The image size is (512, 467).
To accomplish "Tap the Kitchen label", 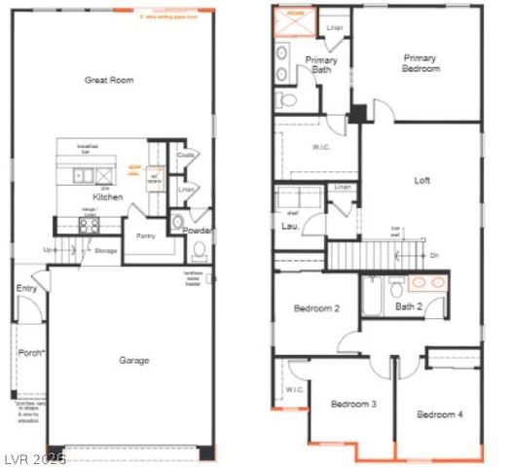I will (x=107, y=198).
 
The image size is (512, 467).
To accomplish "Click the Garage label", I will (x=134, y=361).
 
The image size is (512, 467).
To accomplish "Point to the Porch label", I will (x=31, y=353).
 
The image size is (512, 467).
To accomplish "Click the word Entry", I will (x=26, y=289).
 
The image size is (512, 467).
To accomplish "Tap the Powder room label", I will (x=198, y=231).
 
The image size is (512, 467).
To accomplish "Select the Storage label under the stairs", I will (x=106, y=251).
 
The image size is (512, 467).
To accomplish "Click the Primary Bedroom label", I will (x=421, y=63).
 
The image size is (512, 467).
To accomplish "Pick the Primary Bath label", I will (x=321, y=64).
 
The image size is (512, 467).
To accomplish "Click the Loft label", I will (x=421, y=180).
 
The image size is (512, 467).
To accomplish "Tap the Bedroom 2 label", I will (x=316, y=309).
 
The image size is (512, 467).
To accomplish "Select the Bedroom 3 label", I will (x=352, y=404).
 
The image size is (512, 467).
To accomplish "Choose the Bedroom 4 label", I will (x=440, y=415).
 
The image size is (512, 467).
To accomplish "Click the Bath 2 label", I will (x=409, y=307).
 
